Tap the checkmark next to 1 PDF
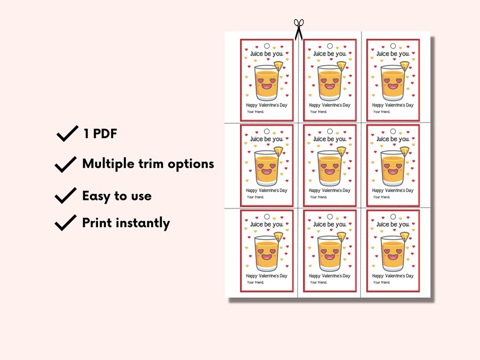pos(66,133)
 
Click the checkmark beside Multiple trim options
pos(66,164)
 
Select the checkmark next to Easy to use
pos(66,195)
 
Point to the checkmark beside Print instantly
pos(66,222)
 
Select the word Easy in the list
pos(97,195)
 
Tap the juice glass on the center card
pos(329,169)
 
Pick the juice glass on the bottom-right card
pos(392,254)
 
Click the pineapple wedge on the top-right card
pos(404,65)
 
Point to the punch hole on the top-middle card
pos(329,46)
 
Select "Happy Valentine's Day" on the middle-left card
pos(266,190)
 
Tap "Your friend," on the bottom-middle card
pos(318,282)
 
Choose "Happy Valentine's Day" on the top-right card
pos(392,105)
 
